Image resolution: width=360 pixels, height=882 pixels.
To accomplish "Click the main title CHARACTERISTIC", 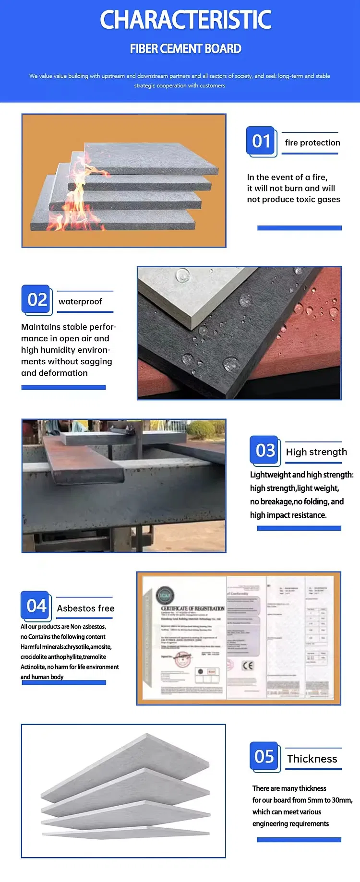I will pos(185,20).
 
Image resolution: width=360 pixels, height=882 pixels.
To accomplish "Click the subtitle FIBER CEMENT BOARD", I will pos(185,49).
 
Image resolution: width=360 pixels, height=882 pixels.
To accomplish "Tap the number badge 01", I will pos(261,141).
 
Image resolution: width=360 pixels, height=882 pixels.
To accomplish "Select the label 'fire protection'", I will pos(312,143).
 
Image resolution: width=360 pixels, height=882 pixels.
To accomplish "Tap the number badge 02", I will pos(37,299).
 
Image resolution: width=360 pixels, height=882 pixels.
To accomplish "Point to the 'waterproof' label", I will pos(80,301).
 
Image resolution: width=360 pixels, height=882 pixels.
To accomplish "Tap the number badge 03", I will pos(265,450).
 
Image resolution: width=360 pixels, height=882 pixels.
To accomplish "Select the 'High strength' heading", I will pos(316,452).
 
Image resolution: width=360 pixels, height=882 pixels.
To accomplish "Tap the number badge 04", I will pos(36,606).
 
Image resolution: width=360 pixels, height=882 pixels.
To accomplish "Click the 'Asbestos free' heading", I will pos(85,608).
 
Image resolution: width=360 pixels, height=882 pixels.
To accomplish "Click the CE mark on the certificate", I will pos(248,666).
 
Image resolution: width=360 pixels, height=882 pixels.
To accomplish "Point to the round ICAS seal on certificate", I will pos(165,595).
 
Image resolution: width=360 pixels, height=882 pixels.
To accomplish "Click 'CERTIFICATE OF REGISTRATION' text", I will pos(192,608).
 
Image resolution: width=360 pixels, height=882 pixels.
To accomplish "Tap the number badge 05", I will pos(264,756).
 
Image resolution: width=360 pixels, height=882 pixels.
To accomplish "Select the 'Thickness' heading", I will pos(312,759).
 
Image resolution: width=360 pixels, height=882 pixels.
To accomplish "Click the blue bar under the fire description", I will pos(299,228).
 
